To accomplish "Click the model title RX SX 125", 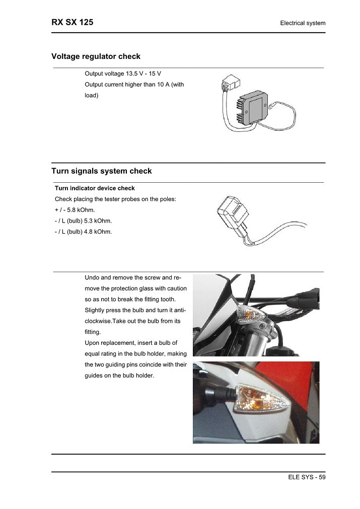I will pos(72,23).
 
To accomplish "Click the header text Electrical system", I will pos(303,23).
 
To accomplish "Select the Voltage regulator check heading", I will pos(96,56).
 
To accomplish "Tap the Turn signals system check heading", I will pos(102,171).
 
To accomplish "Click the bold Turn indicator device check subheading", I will pos(95,188).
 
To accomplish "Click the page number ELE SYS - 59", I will pos(303,477).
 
